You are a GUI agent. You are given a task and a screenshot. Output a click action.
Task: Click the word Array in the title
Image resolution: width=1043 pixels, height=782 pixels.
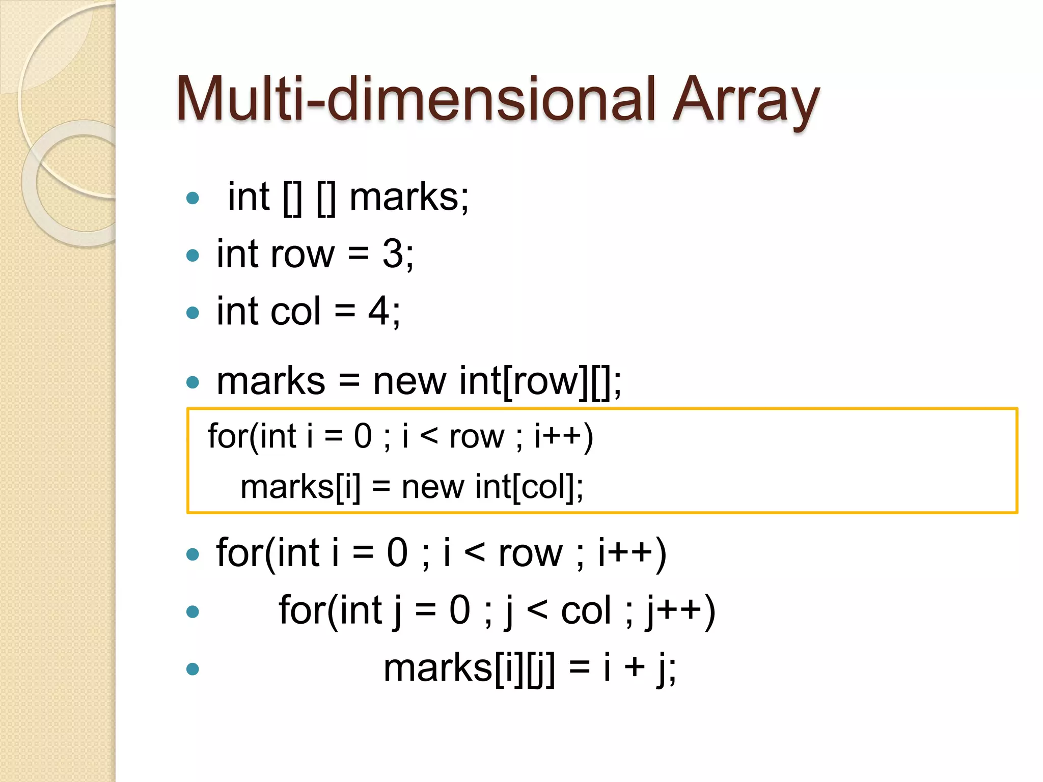pyautogui.click(x=746, y=100)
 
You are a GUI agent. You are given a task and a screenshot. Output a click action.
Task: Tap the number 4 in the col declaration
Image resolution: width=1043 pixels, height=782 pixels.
pyautogui.click(x=379, y=311)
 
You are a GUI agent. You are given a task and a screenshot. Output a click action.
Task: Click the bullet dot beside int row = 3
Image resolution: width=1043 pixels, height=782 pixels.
pyautogui.click(x=193, y=255)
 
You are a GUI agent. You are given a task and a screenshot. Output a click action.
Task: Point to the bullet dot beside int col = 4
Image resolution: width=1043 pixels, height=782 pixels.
pyautogui.click(x=193, y=312)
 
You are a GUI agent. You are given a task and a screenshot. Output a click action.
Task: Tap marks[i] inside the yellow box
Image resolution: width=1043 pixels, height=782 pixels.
pyautogui.click(x=300, y=487)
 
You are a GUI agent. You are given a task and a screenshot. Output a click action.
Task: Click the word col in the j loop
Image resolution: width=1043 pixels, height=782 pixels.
pyautogui.click(x=586, y=610)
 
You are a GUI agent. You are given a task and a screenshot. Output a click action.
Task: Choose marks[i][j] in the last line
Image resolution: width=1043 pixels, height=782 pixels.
pyautogui.click(x=469, y=668)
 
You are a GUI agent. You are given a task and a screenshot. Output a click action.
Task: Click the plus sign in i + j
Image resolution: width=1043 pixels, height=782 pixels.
pyautogui.click(x=635, y=668)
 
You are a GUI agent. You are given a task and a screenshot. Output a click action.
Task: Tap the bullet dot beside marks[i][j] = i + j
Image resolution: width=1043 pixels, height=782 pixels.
pyautogui.click(x=193, y=668)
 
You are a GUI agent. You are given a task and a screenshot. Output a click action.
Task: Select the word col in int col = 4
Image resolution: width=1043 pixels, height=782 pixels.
pyautogui.click(x=296, y=311)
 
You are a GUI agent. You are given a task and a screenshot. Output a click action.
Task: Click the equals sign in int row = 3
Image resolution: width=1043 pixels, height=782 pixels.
pyautogui.click(x=359, y=255)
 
